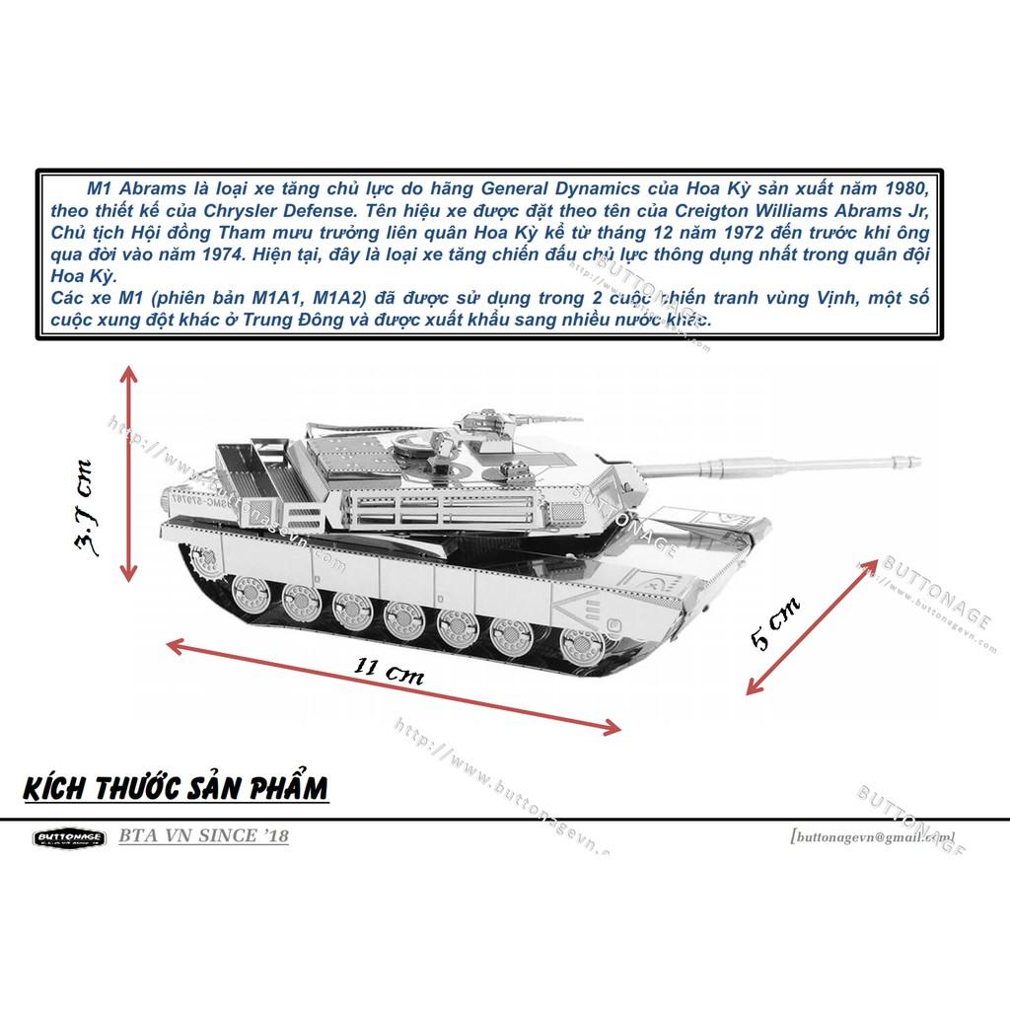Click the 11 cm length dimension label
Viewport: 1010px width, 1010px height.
[390, 671]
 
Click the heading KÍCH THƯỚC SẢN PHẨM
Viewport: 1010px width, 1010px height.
[174, 789]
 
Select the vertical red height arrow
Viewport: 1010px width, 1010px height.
[128, 472]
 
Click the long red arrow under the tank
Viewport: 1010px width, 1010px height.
[394, 686]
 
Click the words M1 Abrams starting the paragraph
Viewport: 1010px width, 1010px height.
[124, 187]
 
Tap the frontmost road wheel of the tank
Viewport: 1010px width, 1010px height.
[580, 645]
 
